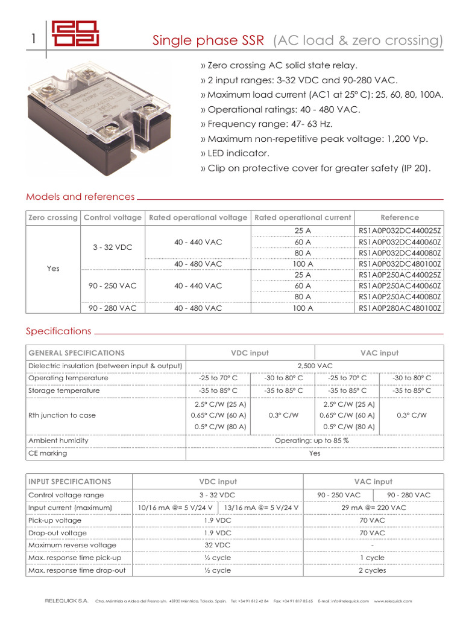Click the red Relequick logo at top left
click(x=75, y=34)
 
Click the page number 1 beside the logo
click(x=34, y=39)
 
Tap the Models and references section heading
click(x=80, y=197)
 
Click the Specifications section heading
click(x=58, y=331)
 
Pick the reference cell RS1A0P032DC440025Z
click(x=400, y=231)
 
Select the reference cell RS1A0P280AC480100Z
click(x=400, y=308)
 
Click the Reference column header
click(x=399, y=217)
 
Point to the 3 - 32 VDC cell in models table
click(x=113, y=247)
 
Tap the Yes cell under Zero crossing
click(x=53, y=269)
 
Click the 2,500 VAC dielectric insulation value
click(x=315, y=366)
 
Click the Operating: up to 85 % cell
click(x=312, y=441)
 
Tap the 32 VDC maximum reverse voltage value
click(x=218, y=545)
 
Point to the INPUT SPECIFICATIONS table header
click(x=70, y=482)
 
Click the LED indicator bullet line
click(x=235, y=153)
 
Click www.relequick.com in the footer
click(x=392, y=601)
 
